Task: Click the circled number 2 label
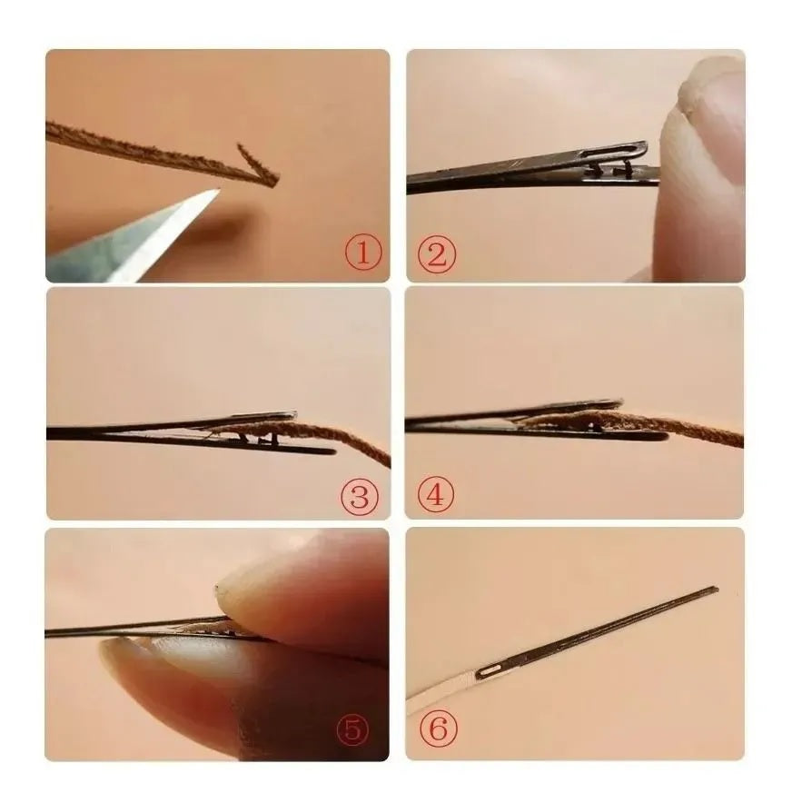tap(435, 255)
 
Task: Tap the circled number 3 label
tap(360, 496)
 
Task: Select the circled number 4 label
tap(435, 496)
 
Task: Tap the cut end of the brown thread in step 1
tap(272, 179)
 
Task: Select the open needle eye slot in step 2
tap(617, 149)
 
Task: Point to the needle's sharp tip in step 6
tap(715, 590)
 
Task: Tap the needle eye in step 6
tap(488, 670)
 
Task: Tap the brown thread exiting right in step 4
tap(718, 436)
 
